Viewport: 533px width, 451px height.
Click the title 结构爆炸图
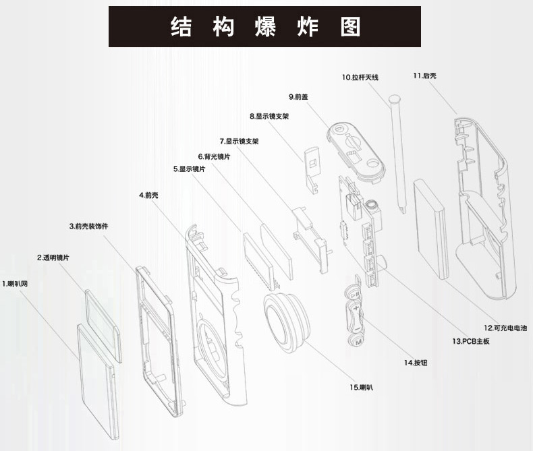265,27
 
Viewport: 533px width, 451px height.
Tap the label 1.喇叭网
14,283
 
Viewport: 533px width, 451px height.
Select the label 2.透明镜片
52,258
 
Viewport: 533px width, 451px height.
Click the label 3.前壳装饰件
88,226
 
